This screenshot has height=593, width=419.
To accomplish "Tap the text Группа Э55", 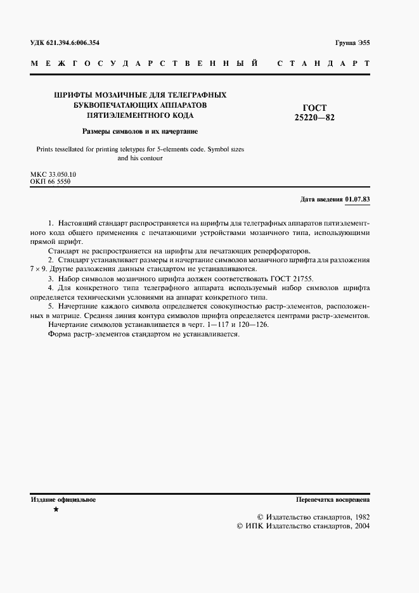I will [x=352, y=43].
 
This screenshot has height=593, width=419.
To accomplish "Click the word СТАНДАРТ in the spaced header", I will [x=323, y=64].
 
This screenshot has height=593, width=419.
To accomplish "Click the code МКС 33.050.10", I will [x=53, y=174].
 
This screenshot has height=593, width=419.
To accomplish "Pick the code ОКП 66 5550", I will [x=50, y=181].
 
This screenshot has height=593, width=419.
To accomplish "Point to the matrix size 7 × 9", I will [x=39, y=269].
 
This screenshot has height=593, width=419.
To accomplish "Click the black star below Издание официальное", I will [x=56, y=509].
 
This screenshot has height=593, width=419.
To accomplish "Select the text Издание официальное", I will [x=63, y=500].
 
